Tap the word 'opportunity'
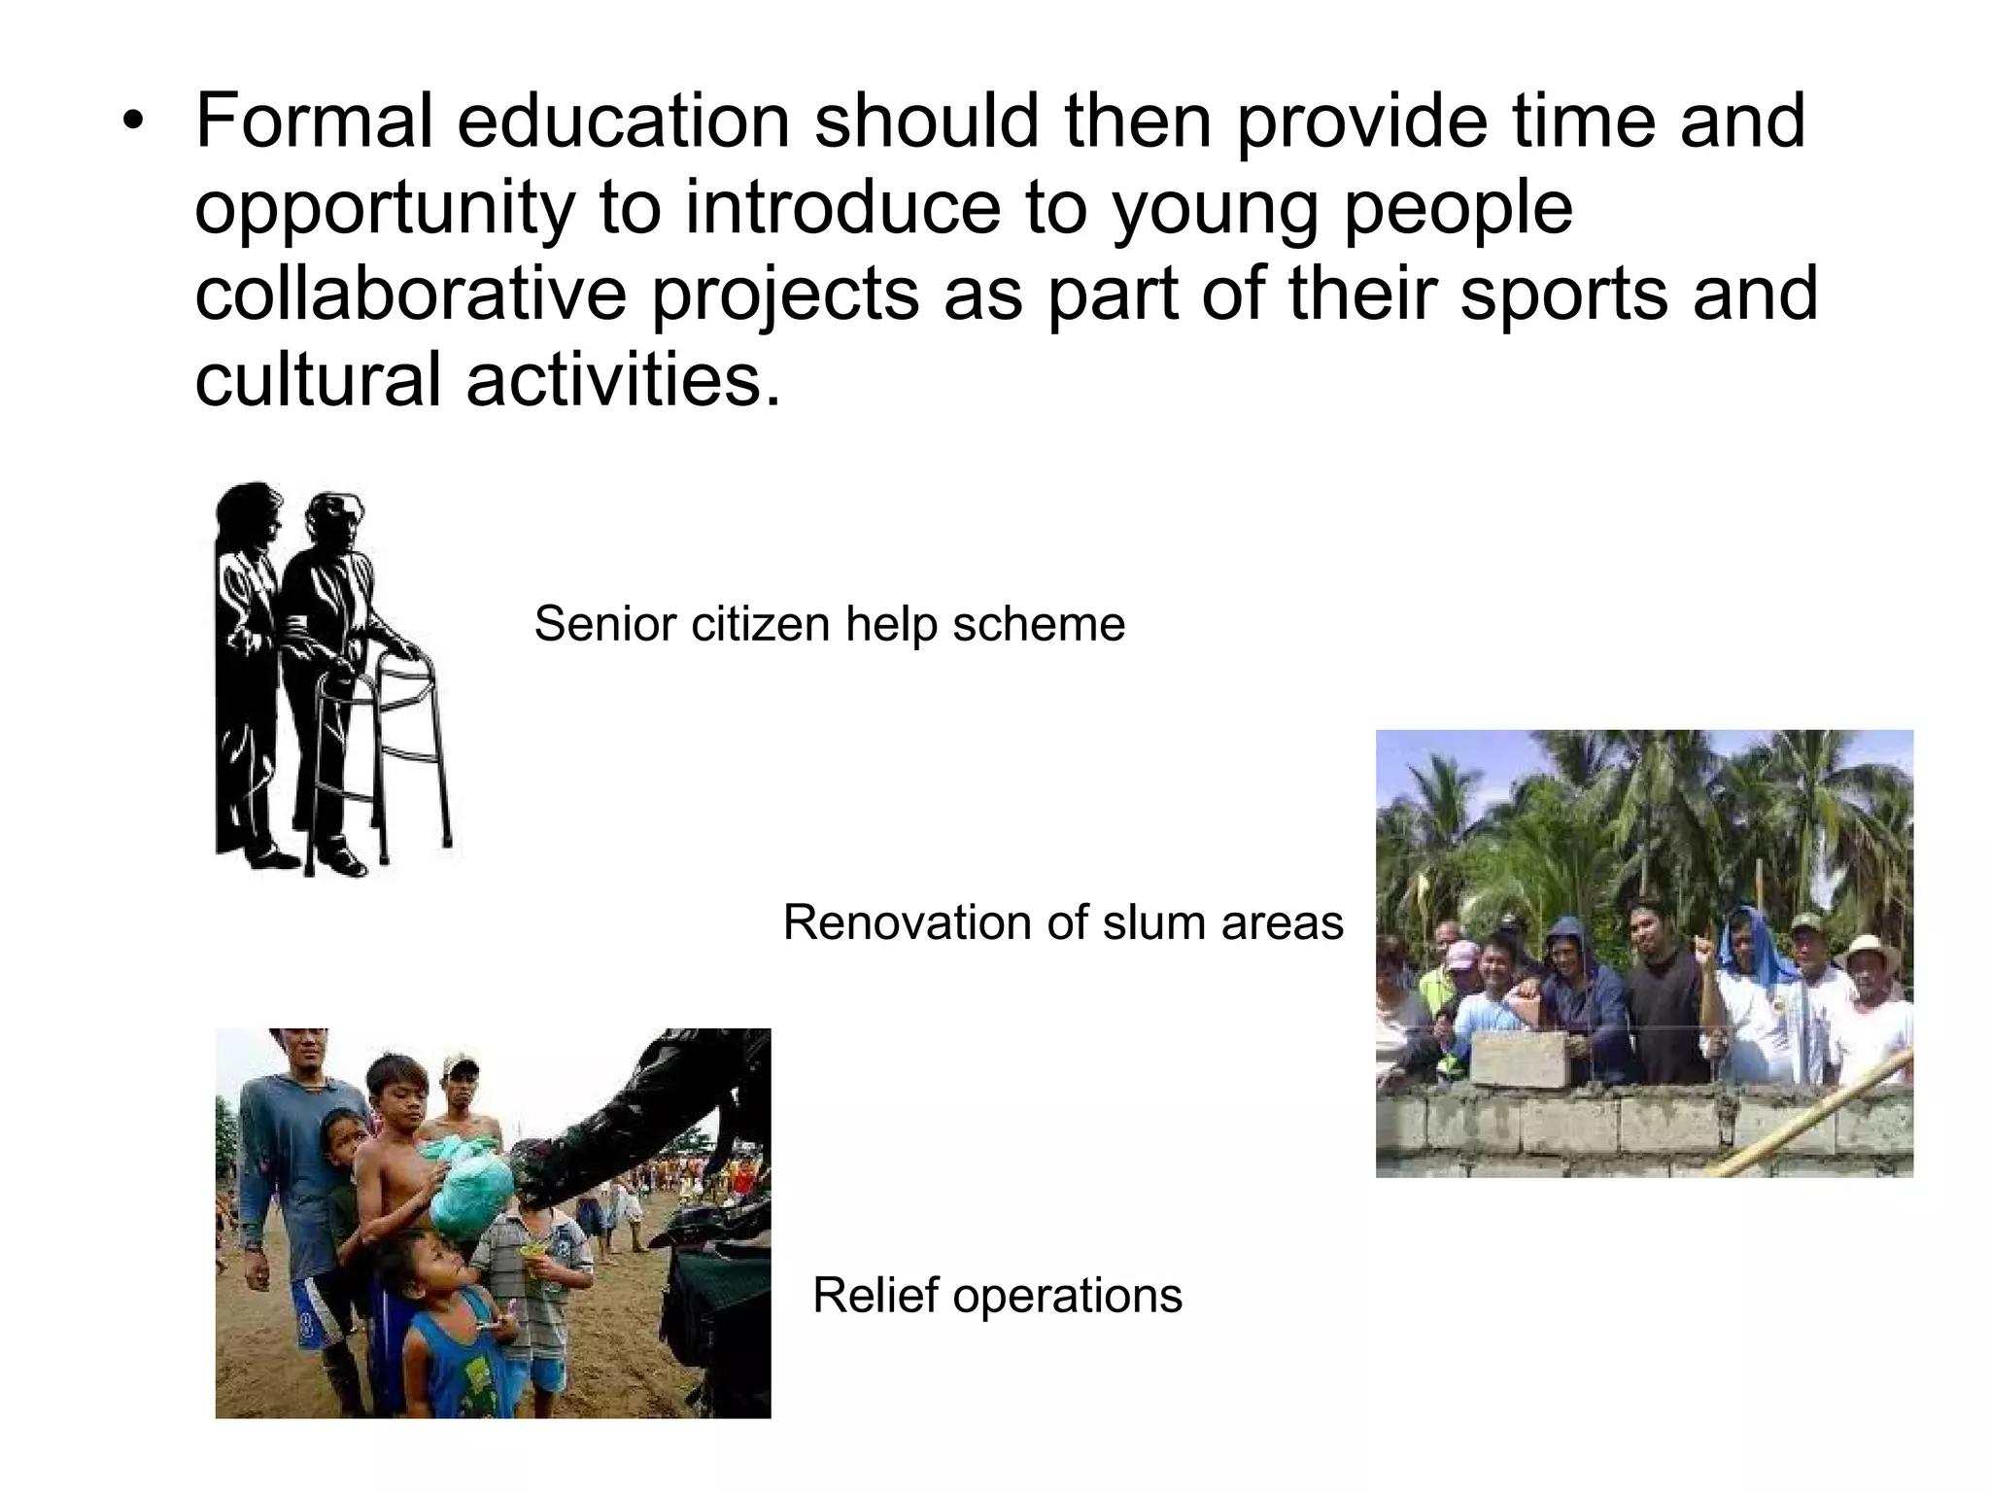tap(385, 208)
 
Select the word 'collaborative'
tap(411, 294)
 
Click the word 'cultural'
tap(318, 379)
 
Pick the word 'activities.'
tap(623, 379)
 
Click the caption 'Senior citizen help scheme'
tap(829, 624)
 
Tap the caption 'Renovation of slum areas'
tap(1063, 922)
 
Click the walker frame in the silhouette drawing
tap(408, 748)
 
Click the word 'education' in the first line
tap(623, 122)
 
